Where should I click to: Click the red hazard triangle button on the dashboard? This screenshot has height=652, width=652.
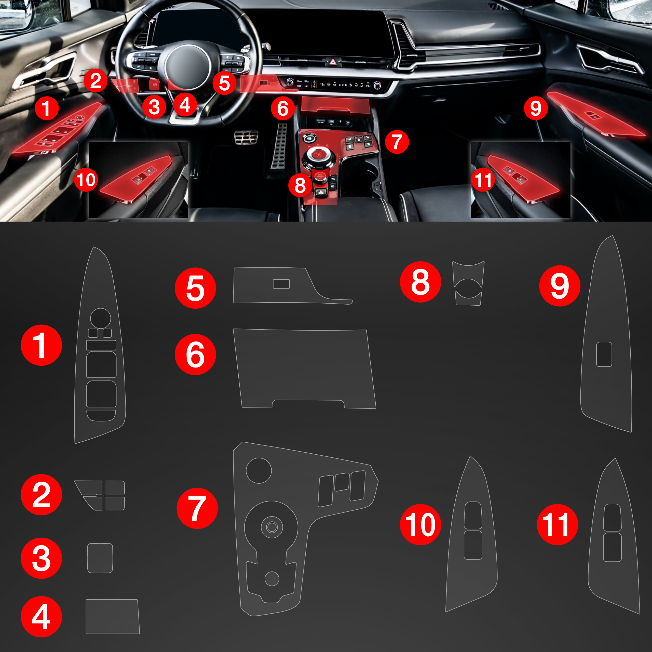pyautogui.click(x=333, y=62)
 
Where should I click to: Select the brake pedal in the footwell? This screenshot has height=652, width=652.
pyautogui.click(x=246, y=137)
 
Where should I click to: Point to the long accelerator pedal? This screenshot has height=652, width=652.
pyautogui.click(x=279, y=145)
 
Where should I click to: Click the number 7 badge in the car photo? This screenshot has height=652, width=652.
pyautogui.click(x=397, y=142)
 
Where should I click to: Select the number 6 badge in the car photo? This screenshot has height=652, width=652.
pyautogui.click(x=283, y=108)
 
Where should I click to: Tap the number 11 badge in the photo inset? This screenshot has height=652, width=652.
pyautogui.click(x=483, y=180)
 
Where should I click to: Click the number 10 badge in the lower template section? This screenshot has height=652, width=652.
pyautogui.click(x=420, y=525)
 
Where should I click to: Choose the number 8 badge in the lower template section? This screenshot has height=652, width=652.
pyautogui.click(x=420, y=282)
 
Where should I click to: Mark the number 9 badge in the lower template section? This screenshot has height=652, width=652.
pyautogui.click(x=560, y=286)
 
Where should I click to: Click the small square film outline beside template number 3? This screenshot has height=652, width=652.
pyautogui.click(x=100, y=558)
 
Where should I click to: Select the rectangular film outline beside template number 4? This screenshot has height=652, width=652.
pyautogui.click(x=112, y=617)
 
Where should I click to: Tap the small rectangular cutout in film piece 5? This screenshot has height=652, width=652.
pyautogui.click(x=281, y=284)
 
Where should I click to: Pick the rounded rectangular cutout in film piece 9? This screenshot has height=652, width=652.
pyautogui.click(x=604, y=354)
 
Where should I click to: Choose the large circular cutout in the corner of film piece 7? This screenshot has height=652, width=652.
pyautogui.click(x=259, y=470)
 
